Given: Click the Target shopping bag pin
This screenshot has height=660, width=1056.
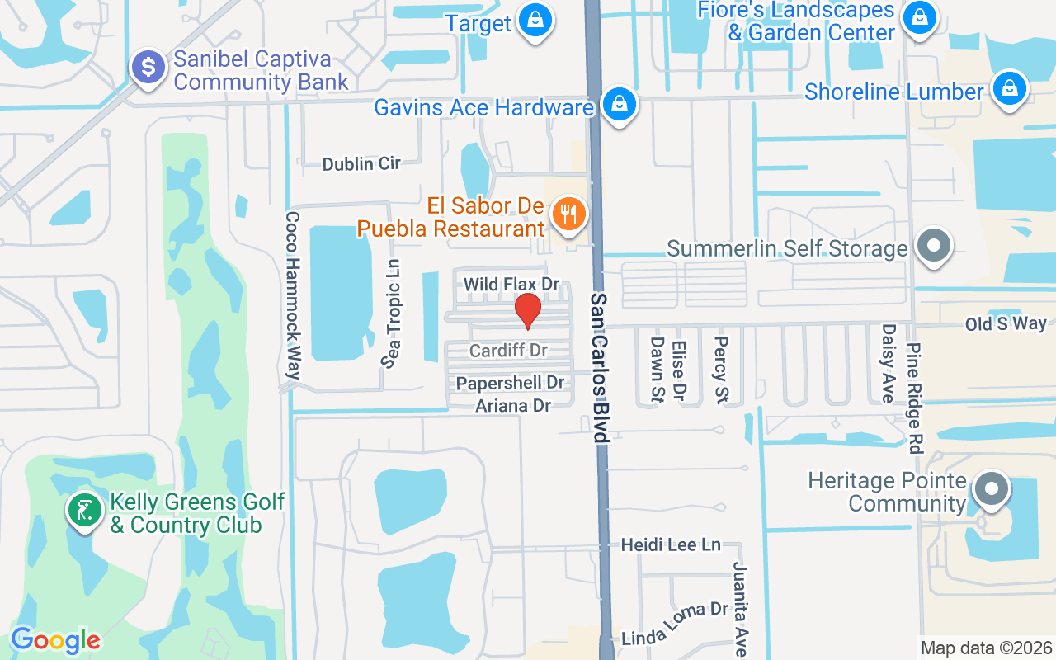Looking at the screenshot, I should (535, 19).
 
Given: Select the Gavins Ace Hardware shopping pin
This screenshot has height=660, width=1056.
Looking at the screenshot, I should (618, 105).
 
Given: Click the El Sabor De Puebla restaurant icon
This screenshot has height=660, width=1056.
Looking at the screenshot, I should (568, 214).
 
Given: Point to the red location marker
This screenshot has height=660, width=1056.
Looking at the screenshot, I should (528, 311).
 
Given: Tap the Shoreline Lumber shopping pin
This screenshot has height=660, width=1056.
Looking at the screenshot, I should (1008, 88).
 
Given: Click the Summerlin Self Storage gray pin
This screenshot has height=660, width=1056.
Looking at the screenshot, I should (934, 246).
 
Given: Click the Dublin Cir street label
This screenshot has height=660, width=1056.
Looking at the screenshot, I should (361, 164).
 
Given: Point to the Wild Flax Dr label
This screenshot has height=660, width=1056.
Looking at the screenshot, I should (511, 285).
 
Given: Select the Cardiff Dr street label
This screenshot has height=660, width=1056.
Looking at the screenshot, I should (508, 351).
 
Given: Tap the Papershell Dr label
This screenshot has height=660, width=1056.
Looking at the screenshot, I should (510, 383).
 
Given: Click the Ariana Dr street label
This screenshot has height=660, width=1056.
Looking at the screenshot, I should (512, 405).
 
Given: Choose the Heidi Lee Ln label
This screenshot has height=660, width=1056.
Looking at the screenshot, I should (671, 544).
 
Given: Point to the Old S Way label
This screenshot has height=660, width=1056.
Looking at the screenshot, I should (1006, 324).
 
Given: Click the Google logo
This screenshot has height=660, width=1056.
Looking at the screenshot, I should (55, 640).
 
